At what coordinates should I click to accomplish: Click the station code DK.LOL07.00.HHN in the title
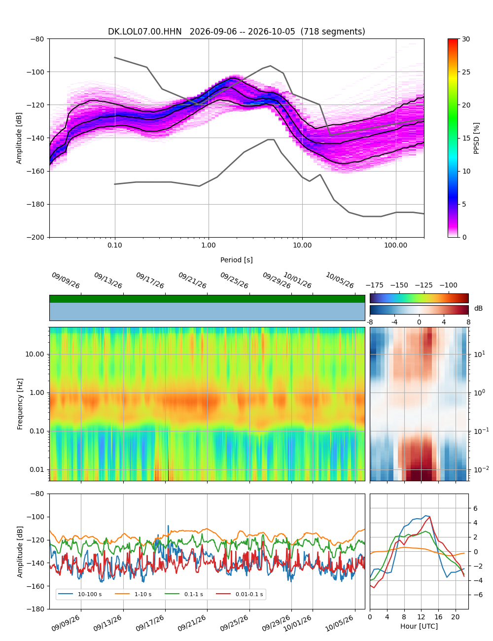144,32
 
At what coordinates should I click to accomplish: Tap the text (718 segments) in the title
333,32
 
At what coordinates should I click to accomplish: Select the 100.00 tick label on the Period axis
396,245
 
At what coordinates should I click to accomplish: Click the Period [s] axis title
237,260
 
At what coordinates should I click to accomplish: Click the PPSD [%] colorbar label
476,138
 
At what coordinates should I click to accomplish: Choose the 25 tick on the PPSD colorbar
466,72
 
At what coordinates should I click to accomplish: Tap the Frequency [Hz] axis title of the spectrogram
20,404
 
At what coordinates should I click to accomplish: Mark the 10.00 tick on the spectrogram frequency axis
35,354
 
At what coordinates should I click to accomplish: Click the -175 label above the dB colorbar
375,285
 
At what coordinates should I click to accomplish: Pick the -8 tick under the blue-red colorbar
370,322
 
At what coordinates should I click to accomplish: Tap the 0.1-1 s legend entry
184,594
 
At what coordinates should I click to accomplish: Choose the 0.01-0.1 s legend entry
240,594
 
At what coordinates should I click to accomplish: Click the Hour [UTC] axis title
419,626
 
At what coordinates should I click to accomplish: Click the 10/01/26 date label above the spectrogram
297,280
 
